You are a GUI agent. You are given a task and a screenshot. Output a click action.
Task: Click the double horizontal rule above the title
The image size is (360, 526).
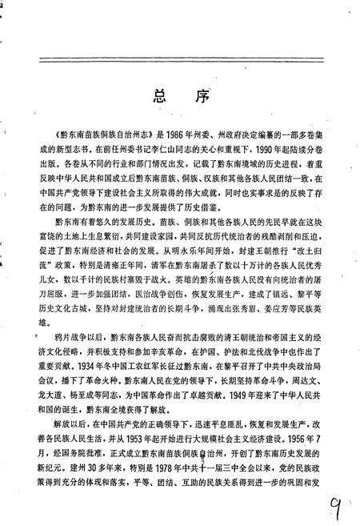point(180,58)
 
